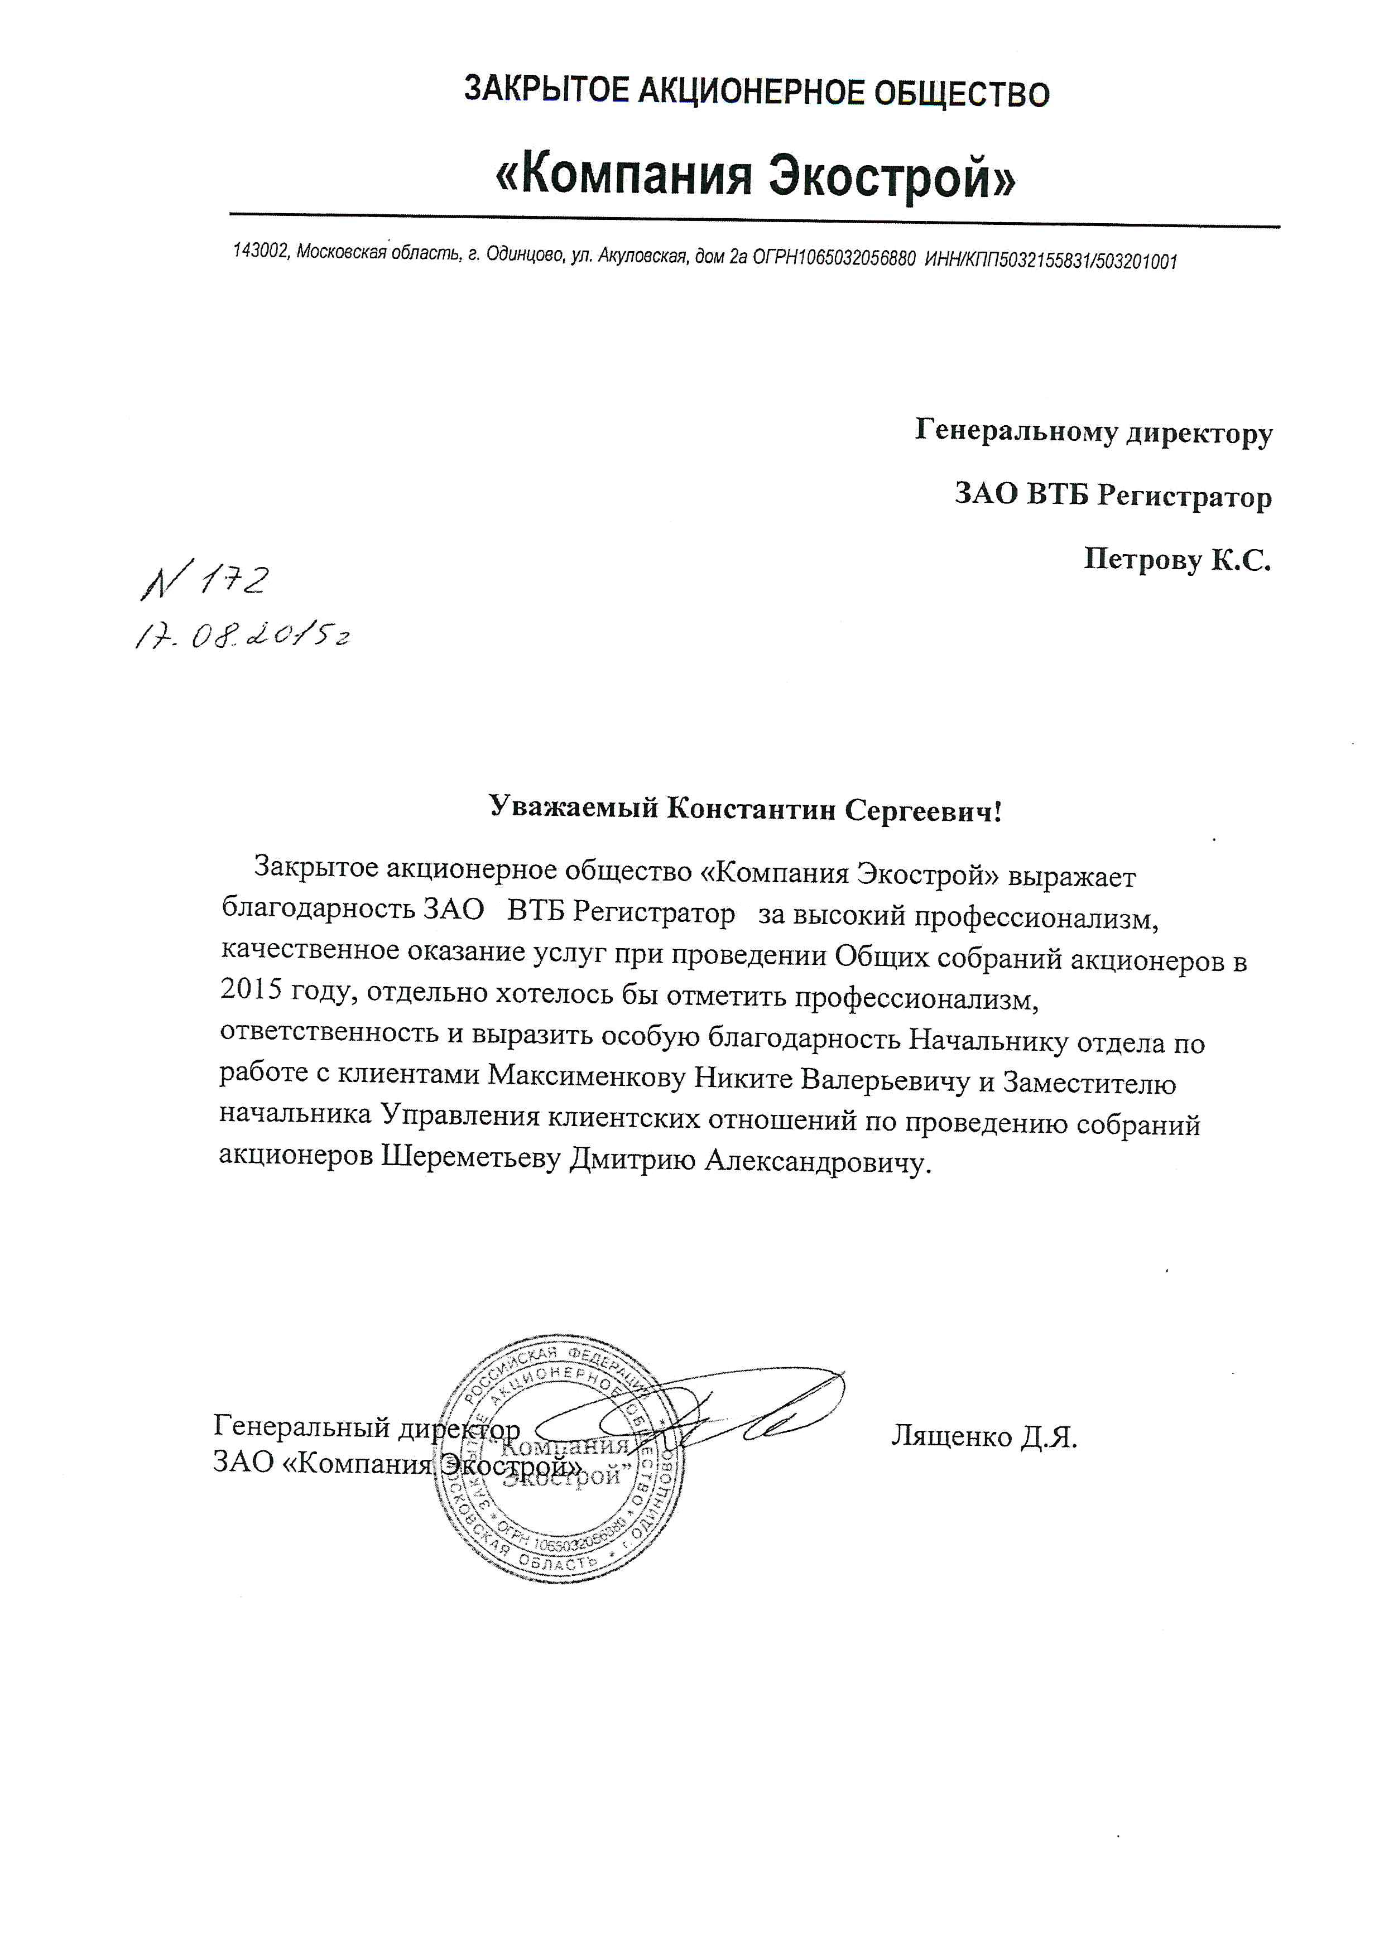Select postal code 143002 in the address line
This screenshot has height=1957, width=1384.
click(260, 252)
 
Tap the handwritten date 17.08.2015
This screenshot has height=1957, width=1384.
click(242, 636)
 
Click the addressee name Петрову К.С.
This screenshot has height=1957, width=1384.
click(1176, 560)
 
